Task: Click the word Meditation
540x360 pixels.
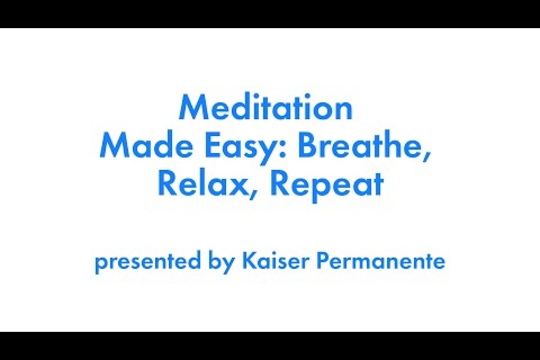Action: click(x=265, y=107)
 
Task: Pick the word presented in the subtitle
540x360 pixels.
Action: click(x=147, y=262)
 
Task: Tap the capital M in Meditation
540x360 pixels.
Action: click(x=191, y=107)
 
